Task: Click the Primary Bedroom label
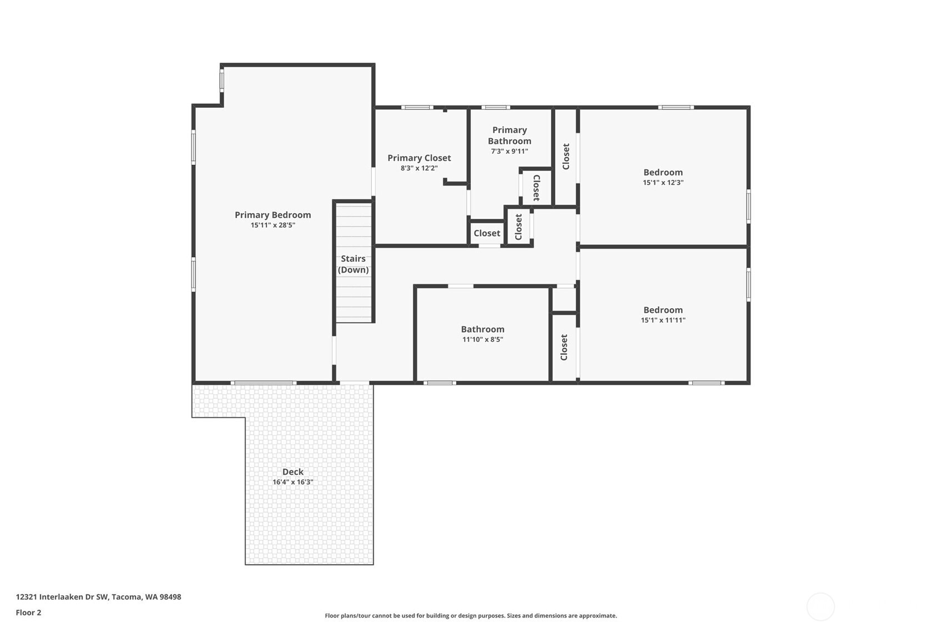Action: (273, 215)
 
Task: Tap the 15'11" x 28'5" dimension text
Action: (273, 225)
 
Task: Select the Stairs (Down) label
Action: (353, 264)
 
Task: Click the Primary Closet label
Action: (419, 158)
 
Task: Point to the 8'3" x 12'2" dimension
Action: (419, 168)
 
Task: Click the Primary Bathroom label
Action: (509, 135)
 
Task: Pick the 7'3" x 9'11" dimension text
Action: (509, 152)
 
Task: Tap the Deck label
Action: (293, 472)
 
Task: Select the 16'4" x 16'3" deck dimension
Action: (293, 483)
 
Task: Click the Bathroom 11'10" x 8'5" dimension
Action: (482, 340)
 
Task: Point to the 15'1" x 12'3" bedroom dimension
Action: (663, 183)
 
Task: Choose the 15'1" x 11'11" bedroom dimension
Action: (663, 320)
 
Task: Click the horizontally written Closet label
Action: (487, 233)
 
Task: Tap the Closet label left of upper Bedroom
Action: (566, 157)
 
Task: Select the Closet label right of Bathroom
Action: (564, 347)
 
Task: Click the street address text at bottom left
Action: (98, 597)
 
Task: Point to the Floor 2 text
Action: (28, 612)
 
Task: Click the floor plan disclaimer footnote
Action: (471, 615)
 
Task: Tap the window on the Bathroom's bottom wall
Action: (440, 383)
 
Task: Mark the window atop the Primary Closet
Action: (417, 107)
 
